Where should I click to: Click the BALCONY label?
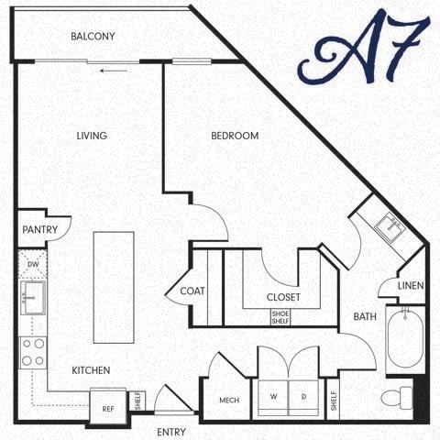93,37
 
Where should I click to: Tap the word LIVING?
92,136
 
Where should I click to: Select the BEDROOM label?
235,136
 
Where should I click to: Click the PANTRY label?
40,230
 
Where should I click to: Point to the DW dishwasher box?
33,264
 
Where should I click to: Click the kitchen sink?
33,297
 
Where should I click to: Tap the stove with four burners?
33,352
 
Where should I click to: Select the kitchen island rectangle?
114,287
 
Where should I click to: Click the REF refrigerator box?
107,409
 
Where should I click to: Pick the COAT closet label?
192,291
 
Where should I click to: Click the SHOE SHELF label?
280,316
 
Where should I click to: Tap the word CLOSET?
283,297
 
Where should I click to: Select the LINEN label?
411,286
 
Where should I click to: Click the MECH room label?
229,401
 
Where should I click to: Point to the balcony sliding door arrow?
114,69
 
